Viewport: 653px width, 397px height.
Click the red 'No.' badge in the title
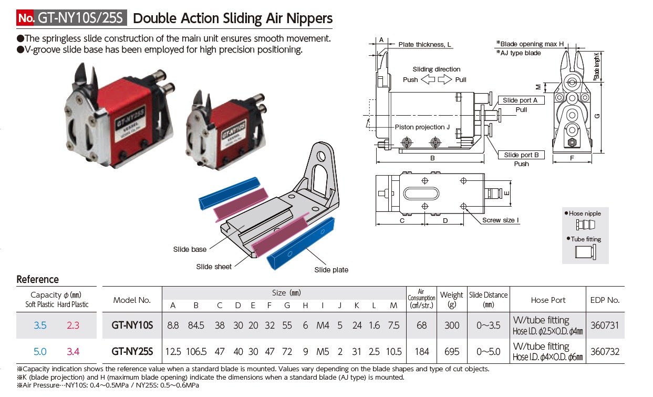[25, 18]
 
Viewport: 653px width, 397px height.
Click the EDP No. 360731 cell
[605, 325]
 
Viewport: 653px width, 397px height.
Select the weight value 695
[452, 351]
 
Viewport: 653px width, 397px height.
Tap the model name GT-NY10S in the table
[132, 325]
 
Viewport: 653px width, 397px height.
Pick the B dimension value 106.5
[196, 351]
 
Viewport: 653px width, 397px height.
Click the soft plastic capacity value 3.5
[40, 325]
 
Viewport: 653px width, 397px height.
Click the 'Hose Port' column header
[548, 300]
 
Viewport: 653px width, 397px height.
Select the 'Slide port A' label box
[521, 100]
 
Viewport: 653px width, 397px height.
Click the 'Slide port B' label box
[521, 155]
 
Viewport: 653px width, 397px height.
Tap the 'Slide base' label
[190, 249]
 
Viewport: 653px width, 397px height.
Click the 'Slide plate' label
[331, 270]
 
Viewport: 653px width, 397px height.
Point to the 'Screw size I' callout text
[501, 220]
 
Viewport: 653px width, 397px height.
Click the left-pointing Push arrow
[428, 79]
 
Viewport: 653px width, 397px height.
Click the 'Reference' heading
[38, 279]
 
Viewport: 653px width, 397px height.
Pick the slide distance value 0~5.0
[488, 351]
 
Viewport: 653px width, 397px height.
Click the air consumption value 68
[421, 325]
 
